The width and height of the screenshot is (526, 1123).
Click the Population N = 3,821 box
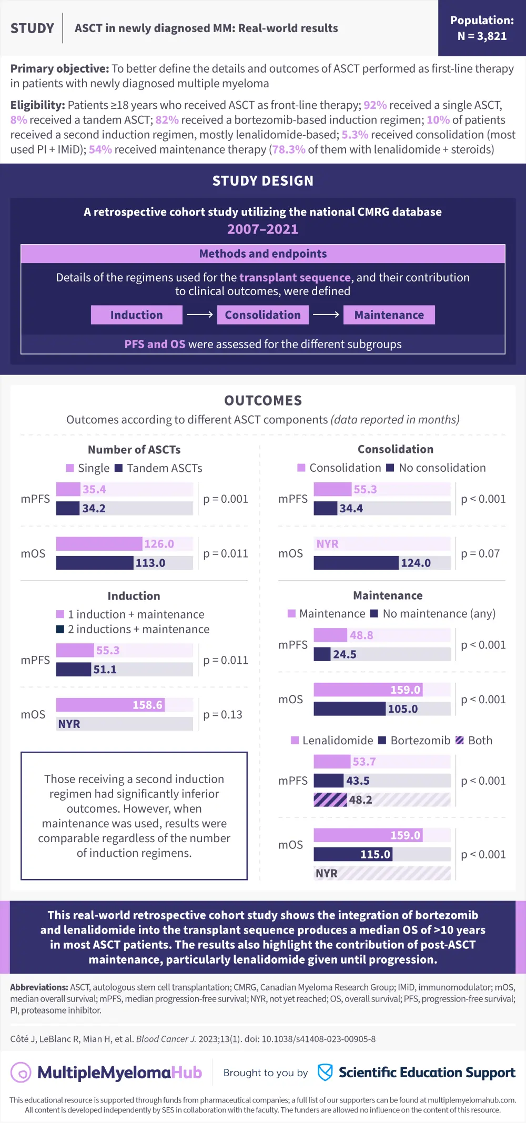click(x=482, y=28)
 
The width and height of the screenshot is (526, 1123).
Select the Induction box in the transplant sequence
click(x=136, y=315)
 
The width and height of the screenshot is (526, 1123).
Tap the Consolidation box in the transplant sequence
click(x=262, y=315)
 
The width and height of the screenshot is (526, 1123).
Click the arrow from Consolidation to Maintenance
click(x=326, y=315)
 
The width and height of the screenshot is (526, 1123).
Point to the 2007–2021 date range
click(x=262, y=229)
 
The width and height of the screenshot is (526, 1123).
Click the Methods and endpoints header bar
click(x=262, y=254)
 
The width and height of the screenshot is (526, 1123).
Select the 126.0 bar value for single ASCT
click(x=159, y=544)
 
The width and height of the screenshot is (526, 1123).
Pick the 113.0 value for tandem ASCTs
click(x=150, y=563)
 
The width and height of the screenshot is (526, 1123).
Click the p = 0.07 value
click(x=480, y=553)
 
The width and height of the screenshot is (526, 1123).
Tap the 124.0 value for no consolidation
click(x=416, y=563)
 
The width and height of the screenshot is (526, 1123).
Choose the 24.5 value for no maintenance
click(x=345, y=654)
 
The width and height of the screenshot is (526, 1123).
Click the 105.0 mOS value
click(x=402, y=709)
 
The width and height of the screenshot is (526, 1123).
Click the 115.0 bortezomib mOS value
click(x=375, y=854)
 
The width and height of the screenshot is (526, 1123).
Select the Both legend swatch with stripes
click(x=459, y=741)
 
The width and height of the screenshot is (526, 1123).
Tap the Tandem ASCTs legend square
click(x=119, y=468)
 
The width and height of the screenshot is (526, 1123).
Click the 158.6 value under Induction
click(x=147, y=705)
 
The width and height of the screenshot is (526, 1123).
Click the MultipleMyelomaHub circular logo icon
click(x=22, y=1073)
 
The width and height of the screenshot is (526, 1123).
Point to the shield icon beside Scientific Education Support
click(x=325, y=1073)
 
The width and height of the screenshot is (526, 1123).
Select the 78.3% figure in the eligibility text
click(x=289, y=149)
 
